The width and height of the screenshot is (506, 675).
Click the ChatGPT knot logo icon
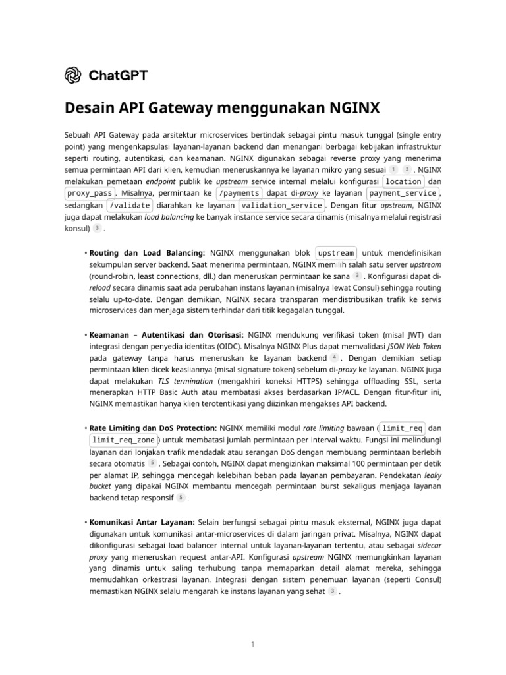point(72,75)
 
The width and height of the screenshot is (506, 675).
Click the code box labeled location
point(403,181)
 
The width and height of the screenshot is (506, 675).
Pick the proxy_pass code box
point(89,193)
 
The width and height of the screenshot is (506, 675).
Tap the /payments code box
point(239,193)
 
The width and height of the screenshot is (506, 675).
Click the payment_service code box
point(403,193)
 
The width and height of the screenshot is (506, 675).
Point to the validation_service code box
point(281,205)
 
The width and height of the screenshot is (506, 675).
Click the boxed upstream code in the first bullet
point(336,253)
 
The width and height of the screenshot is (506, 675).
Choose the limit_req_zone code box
point(124,440)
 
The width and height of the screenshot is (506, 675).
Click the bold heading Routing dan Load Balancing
point(147,253)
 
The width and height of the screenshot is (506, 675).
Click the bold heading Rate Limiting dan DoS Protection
point(153,428)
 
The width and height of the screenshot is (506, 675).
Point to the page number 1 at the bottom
point(252,644)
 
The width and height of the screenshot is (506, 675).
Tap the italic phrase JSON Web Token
point(413,345)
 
